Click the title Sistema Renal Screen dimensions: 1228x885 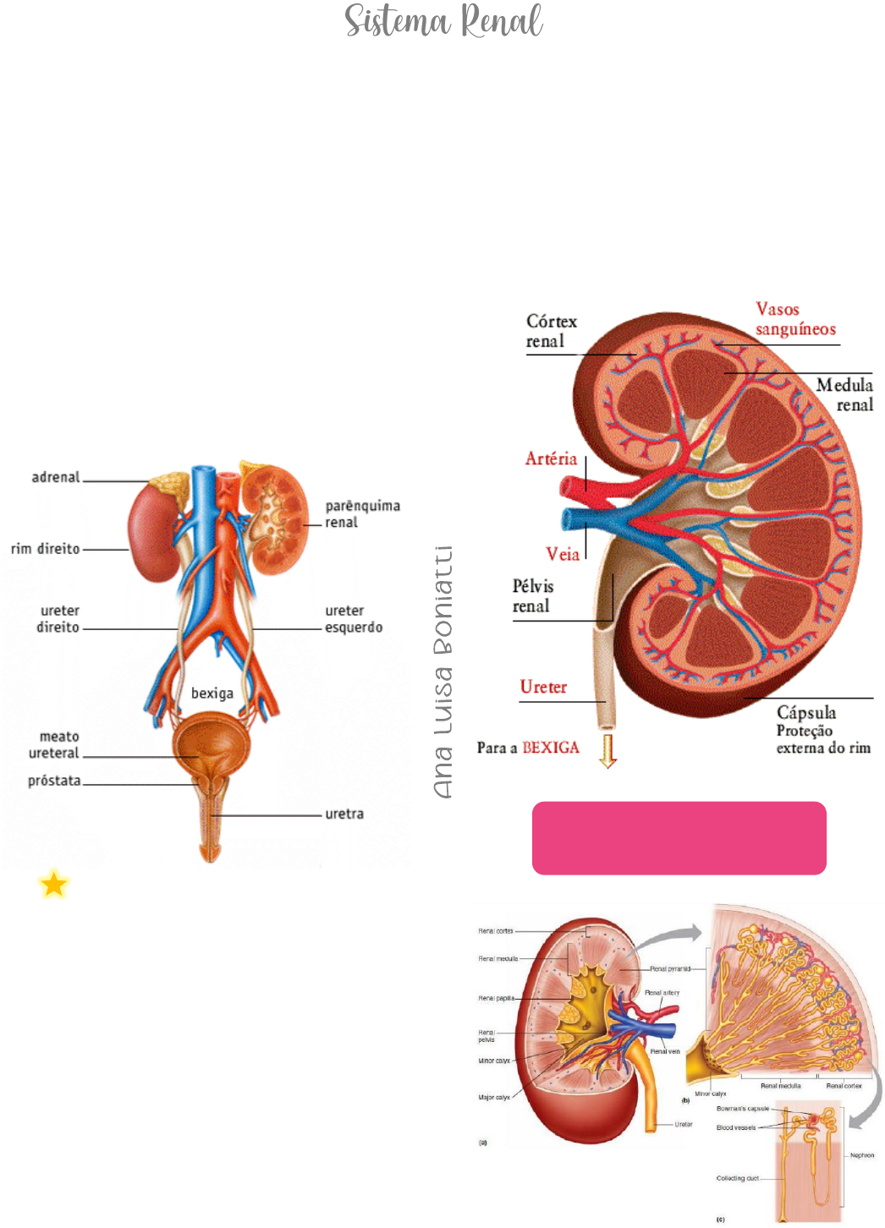[443, 22]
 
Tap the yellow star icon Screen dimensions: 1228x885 [54, 885]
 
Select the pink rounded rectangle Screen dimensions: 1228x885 [679, 837]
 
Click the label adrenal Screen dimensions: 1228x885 [56, 477]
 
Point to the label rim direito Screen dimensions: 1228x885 [46, 549]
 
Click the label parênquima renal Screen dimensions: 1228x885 [362, 514]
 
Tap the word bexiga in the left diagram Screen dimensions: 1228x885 [212, 693]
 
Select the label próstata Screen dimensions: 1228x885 [54, 781]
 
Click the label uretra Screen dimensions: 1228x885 [344, 814]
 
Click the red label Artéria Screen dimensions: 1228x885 [551, 459]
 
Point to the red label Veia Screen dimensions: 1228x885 [563, 555]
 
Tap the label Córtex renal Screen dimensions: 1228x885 [551, 332]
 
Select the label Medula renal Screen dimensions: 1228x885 [845, 395]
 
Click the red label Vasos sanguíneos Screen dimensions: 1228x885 [794, 320]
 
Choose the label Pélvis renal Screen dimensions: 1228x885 [533, 596]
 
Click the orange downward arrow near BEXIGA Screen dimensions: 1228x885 [607, 751]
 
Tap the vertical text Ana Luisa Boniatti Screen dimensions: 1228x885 [442, 672]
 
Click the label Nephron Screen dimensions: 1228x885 [862, 1155]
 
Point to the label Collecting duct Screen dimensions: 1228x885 [737, 1178]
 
